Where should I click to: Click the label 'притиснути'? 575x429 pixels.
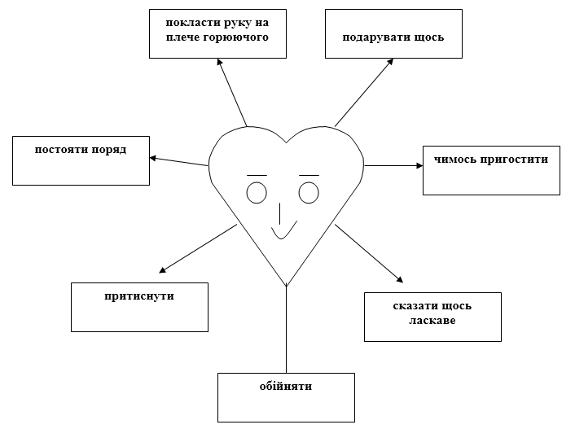point(139,296)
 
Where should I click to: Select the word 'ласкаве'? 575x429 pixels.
point(432,321)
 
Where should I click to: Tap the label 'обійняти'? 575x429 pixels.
point(286,386)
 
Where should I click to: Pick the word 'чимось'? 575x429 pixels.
point(455,160)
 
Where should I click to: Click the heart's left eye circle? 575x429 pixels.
point(257,183)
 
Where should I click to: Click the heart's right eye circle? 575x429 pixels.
point(309,183)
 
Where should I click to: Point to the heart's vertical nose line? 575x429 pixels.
point(280,213)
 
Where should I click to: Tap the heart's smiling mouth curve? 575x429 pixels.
point(281,239)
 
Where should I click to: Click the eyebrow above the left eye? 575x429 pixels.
point(257,176)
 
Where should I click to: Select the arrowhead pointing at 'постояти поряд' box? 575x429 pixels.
point(153,159)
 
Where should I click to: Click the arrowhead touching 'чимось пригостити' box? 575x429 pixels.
point(419,166)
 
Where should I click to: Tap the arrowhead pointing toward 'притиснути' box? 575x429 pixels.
point(162,270)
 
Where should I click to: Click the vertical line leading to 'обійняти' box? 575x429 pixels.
point(286,329)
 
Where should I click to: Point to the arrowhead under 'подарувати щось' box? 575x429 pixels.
point(390,62)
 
